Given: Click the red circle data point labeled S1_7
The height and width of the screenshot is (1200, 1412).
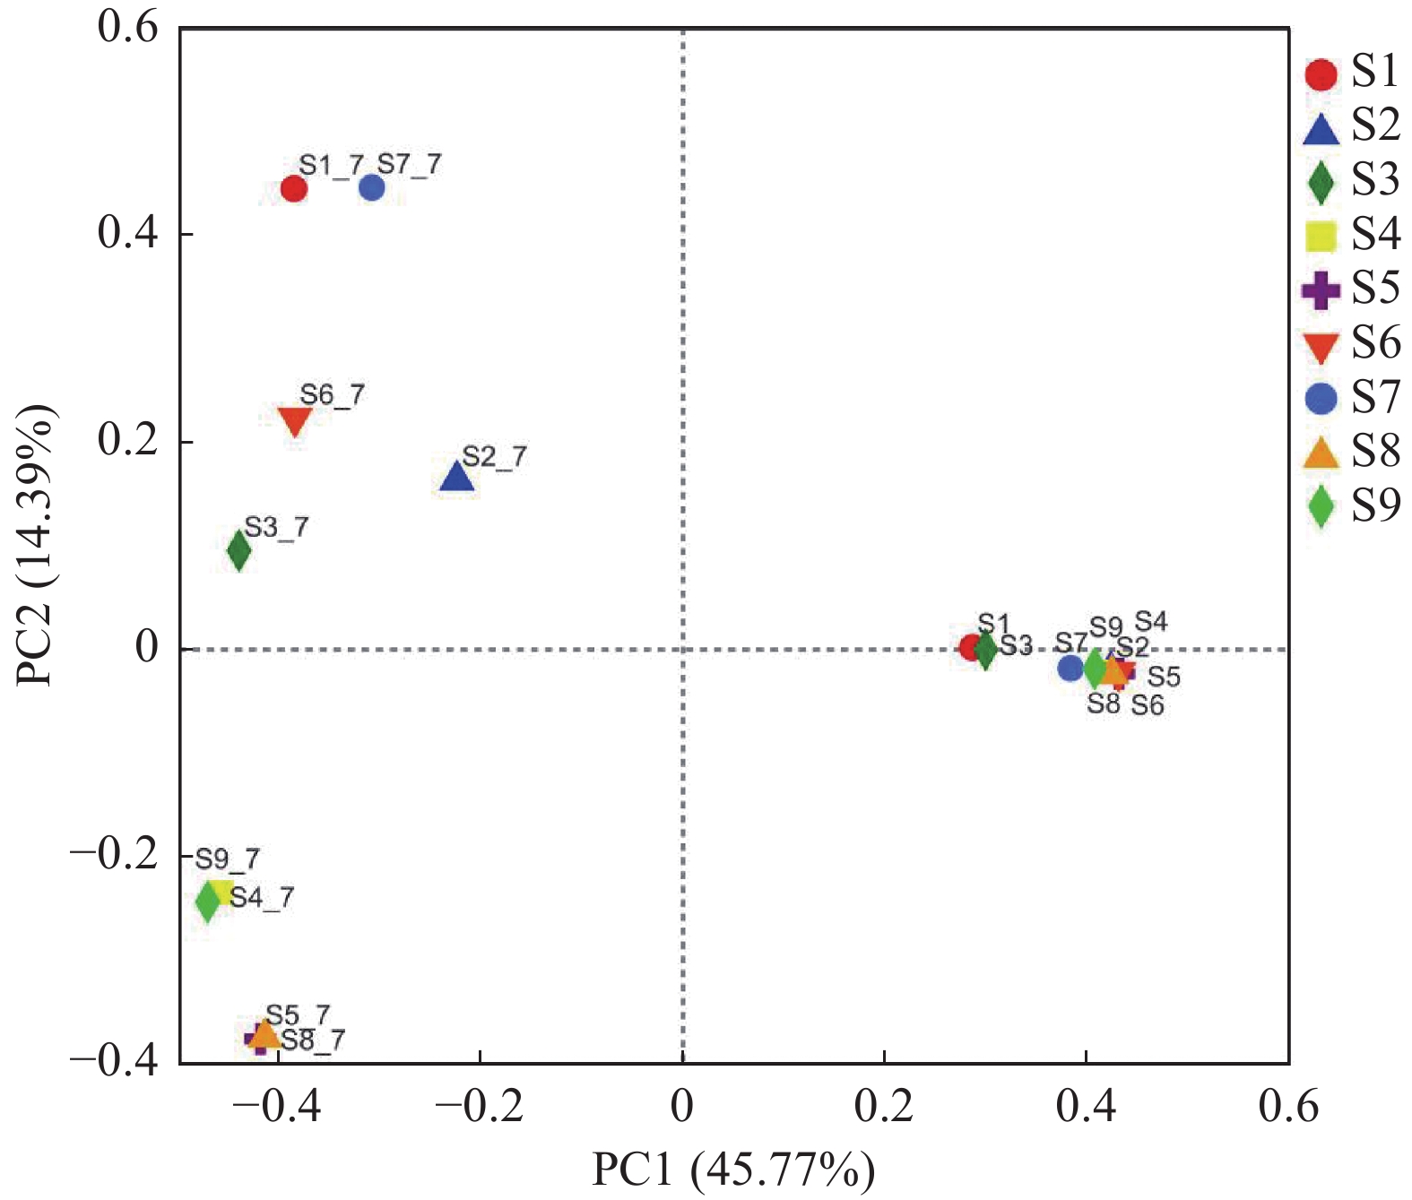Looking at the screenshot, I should click(x=294, y=189).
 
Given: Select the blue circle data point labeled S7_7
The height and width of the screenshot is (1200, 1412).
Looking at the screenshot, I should click(x=372, y=188).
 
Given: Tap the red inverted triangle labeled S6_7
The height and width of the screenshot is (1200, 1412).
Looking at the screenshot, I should click(x=295, y=420).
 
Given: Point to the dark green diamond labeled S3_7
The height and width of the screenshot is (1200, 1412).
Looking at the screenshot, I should click(x=238, y=550).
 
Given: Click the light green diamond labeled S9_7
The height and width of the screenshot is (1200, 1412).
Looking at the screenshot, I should click(x=208, y=900).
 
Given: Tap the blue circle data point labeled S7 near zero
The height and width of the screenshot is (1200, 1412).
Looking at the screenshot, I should click(x=1070, y=668).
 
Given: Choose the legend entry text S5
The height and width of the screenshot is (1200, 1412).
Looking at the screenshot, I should click(x=1375, y=289).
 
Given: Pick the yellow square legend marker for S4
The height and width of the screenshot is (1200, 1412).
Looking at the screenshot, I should click(x=1321, y=236).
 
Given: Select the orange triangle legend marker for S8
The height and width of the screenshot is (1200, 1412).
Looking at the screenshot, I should click(x=1321, y=453).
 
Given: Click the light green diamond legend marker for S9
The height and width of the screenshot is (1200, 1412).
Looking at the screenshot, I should click(x=1321, y=506).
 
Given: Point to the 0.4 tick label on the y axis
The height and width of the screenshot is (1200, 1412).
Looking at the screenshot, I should click(x=127, y=233).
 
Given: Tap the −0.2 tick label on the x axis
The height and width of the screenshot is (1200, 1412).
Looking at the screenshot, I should click(x=479, y=1108).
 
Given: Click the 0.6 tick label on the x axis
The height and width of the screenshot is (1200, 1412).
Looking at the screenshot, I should click(x=1288, y=1108).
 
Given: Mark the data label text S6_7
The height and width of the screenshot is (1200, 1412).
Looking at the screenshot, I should click(x=333, y=394).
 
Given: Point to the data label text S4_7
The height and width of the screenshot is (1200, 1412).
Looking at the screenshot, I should click(x=262, y=897).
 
